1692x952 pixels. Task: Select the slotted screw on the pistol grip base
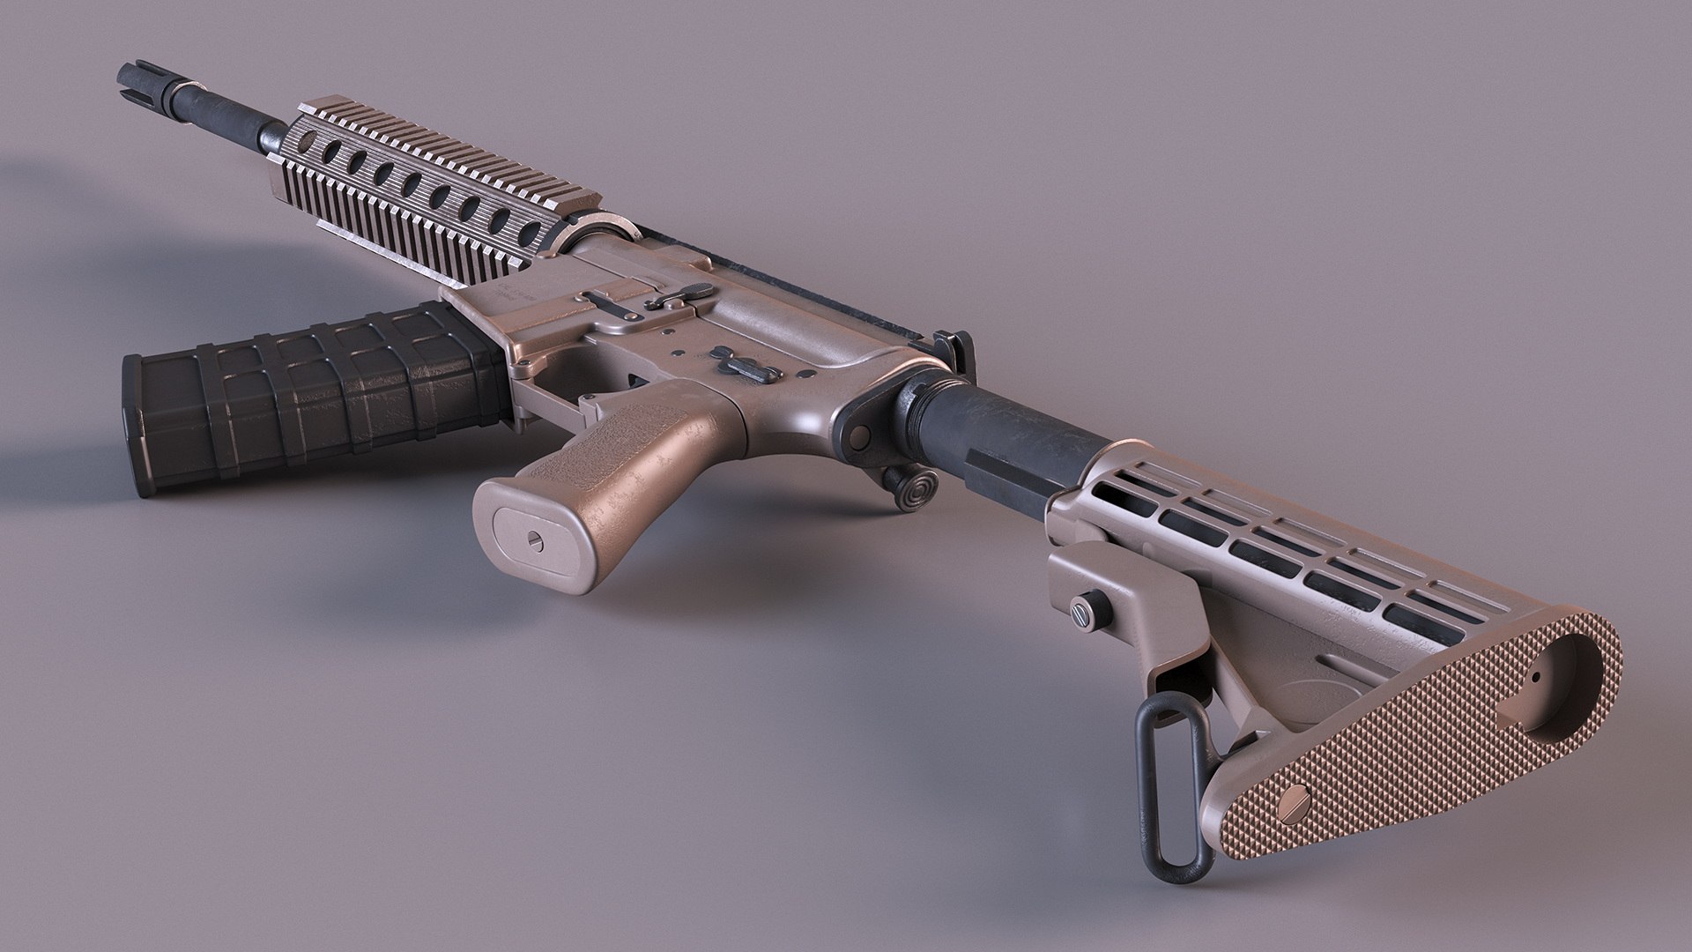pos(535,537)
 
